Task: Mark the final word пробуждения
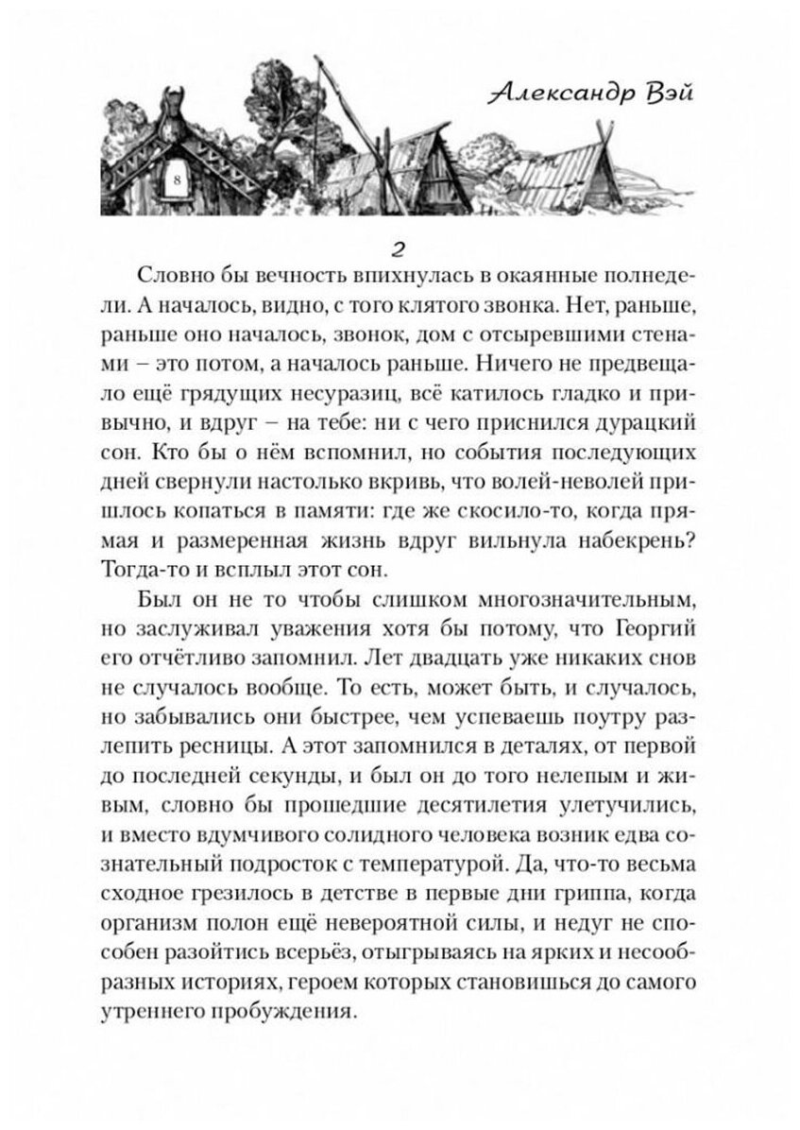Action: [x=284, y=1014]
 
